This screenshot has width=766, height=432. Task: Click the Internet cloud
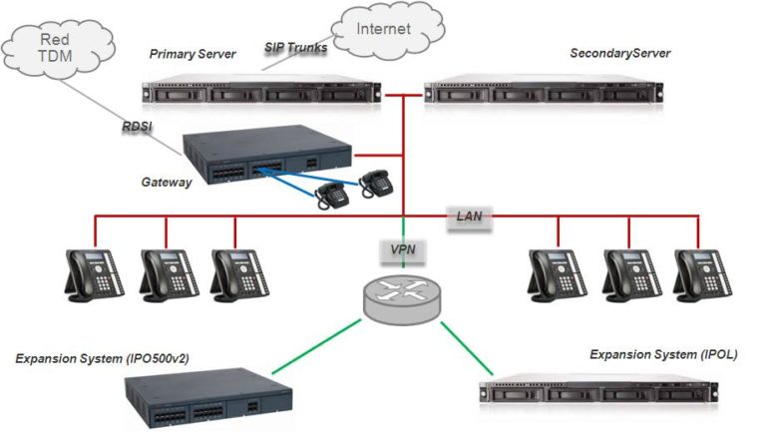(384, 30)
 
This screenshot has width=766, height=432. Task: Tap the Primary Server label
(192, 54)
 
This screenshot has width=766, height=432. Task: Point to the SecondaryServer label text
(619, 52)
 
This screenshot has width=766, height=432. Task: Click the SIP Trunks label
(295, 47)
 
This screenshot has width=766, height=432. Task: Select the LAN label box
(470, 215)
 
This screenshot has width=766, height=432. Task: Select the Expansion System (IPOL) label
(663, 354)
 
